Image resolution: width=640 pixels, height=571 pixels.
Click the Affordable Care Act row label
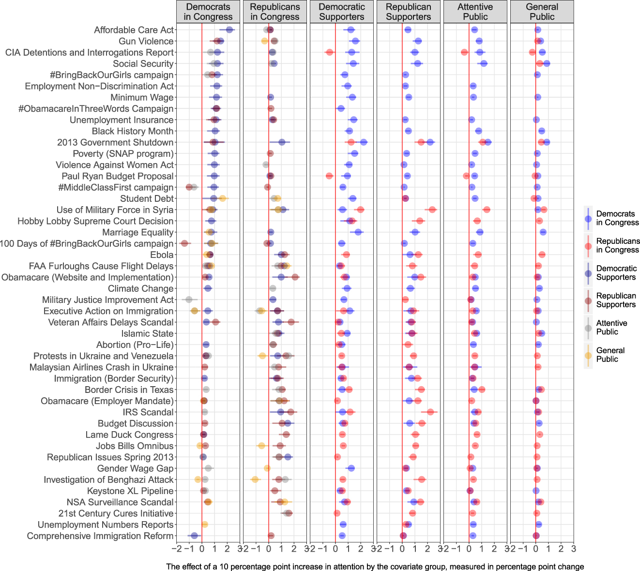(134, 30)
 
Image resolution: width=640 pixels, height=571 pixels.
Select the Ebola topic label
(162, 255)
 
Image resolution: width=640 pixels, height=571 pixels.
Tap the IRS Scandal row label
(148, 412)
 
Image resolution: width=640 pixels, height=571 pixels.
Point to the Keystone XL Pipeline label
(130, 491)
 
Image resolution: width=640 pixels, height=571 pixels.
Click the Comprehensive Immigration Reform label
(100, 536)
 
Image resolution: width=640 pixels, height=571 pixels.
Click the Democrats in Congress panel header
(208, 12)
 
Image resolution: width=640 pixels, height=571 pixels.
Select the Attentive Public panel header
(475, 12)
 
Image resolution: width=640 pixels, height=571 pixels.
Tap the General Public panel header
(542, 12)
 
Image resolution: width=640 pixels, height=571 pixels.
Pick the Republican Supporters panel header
(408, 12)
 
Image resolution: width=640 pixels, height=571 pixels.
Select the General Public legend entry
(610, 355)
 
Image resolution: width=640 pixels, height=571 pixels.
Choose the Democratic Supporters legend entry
(616, 273)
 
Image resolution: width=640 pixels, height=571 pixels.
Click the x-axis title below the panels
(375, 567)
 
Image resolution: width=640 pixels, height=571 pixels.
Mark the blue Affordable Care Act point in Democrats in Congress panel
(229, 30)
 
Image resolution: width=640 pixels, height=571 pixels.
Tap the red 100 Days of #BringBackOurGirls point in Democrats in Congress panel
(184, 243)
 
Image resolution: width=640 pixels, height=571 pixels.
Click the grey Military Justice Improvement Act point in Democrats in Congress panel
(189, 300)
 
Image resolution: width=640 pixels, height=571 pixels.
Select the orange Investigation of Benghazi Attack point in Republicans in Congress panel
(255, 480)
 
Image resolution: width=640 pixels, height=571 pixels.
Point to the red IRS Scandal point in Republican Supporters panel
(430, 412)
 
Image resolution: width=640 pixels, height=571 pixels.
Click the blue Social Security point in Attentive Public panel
(484, 63)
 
